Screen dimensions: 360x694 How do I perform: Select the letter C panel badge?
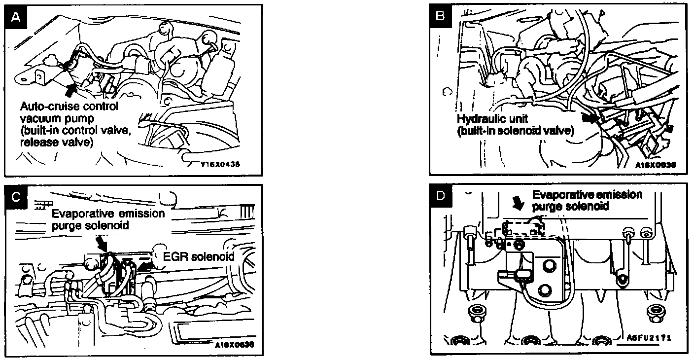pos(16,196)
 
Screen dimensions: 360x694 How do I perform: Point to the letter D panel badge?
pos(441,196)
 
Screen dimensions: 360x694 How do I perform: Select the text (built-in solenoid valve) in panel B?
pos(516,131)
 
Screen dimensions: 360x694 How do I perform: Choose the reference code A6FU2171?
pos(649,338)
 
